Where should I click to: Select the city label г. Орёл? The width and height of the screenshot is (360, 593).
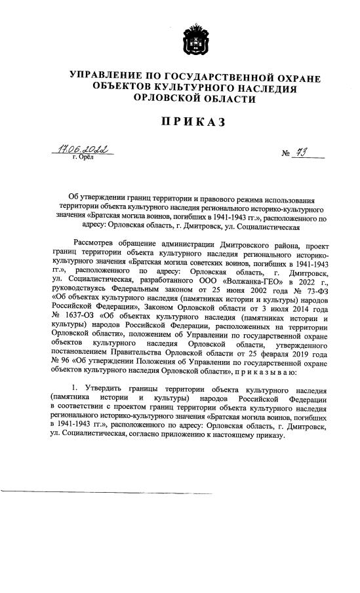coord(83,158)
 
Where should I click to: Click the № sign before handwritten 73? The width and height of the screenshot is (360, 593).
coord(286,155)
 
